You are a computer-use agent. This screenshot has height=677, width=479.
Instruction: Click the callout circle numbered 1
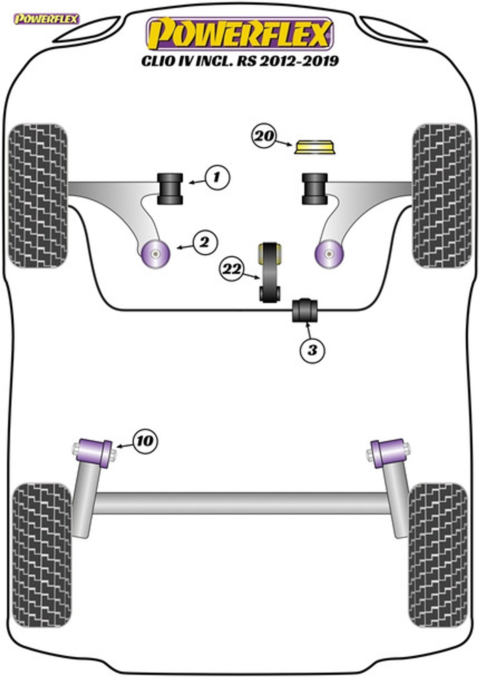[218, 178]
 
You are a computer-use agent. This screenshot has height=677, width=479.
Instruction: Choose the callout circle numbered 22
[232, 268]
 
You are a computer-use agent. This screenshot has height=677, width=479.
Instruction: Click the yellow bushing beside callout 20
[315, 147]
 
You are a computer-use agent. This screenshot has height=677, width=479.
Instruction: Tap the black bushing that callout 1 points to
[170, 189]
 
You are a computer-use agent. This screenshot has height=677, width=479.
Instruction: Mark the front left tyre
[38, 196]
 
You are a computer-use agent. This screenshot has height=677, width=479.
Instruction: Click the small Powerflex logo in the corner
[47, 19]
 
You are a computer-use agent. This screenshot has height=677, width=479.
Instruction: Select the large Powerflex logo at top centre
[240, 33]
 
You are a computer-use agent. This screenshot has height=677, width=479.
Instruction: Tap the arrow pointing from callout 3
[309, 331]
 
